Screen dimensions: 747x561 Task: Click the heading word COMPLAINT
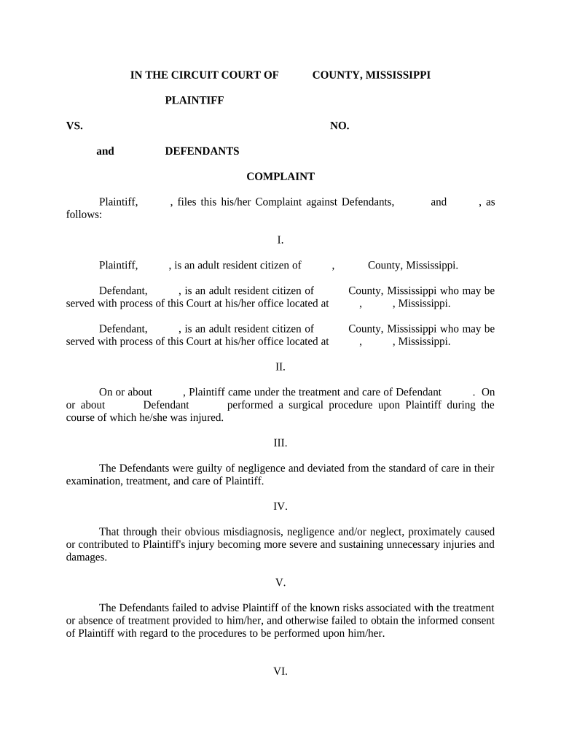coord(280,177)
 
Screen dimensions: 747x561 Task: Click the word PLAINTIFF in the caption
coord(194,101)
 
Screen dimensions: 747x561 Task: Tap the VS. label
coord(74,126)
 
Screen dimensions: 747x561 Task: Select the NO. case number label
coord(340,126)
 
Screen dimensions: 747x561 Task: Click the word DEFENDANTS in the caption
coord(202,151)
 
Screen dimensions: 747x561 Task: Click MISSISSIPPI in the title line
coord(397,75)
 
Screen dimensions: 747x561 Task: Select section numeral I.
coord(280,240)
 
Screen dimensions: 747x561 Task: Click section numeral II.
coord(280,367)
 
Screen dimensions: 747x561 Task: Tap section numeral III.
coord(280,443)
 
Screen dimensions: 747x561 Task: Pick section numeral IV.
coord(280,506)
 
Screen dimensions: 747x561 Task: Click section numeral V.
coord(280,583)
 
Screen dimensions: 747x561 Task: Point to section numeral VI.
coord(280,672)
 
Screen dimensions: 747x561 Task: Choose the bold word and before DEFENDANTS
coord(106,151)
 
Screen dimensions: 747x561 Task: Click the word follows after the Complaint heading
coord(83,215)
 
